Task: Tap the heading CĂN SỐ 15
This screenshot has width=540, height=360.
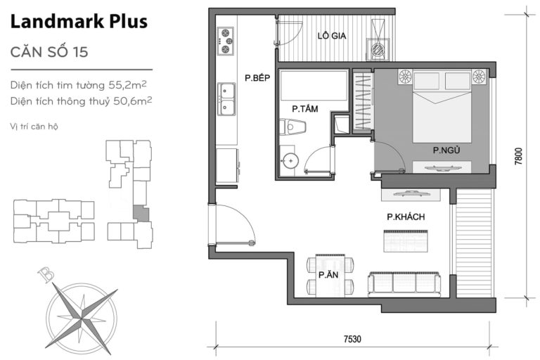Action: tap(49, 53)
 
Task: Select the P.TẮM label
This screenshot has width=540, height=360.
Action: tap(304, 109)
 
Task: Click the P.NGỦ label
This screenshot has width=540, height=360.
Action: tap(446, 150)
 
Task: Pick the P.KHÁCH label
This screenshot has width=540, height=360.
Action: tap(406, 217)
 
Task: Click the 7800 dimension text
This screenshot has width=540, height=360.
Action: tap(518, 155)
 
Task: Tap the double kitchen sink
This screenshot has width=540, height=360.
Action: tap(226, 98)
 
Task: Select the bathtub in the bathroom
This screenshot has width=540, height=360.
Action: tap(314, 86)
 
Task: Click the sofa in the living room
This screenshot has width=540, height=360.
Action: tap(404, 283)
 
